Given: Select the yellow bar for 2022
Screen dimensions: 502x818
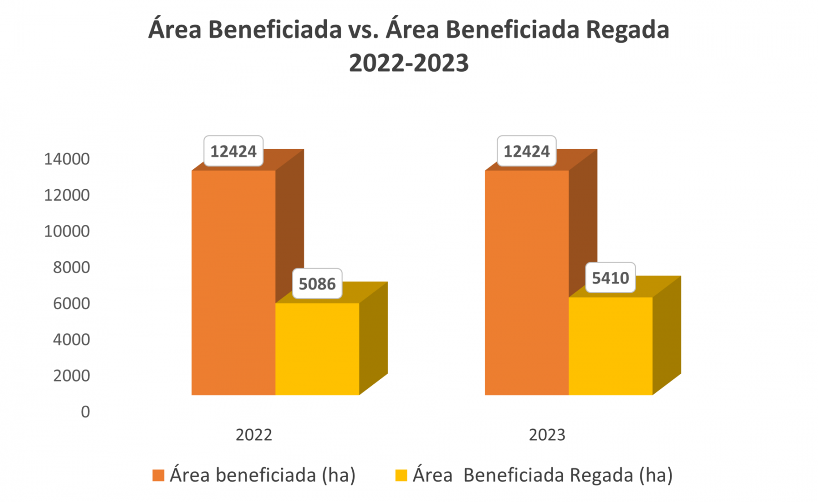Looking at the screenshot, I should point(317,349).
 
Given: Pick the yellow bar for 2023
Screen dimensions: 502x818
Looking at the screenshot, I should point(610,346).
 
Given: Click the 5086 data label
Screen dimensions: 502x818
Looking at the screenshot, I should point(317,284).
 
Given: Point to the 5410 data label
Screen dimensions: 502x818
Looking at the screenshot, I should point(610,278).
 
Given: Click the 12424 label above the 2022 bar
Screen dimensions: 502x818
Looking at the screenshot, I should point(233,151).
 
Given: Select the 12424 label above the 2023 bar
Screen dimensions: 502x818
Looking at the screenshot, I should point(527,151).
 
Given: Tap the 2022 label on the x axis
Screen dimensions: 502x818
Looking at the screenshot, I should point(254,435).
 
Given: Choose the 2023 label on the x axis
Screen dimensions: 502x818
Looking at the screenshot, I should point(547,435).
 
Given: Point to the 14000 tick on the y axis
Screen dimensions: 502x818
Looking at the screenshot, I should point(67,159).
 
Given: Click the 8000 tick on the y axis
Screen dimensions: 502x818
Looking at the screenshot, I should point(71,267).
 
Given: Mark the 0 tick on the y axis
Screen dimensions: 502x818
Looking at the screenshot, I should point(85,412).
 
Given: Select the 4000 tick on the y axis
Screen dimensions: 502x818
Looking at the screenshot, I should point(71,339).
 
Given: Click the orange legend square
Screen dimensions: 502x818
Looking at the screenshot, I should point(158,476).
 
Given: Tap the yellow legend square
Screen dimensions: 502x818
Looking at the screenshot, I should point(401,476).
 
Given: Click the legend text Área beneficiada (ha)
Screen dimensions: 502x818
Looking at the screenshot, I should point(263,476).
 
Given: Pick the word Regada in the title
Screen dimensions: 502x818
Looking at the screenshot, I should point(627,30).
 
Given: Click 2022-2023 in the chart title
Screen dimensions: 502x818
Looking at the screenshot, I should point(409,63).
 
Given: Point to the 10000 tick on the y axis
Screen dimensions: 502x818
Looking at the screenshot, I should point(67,231).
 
